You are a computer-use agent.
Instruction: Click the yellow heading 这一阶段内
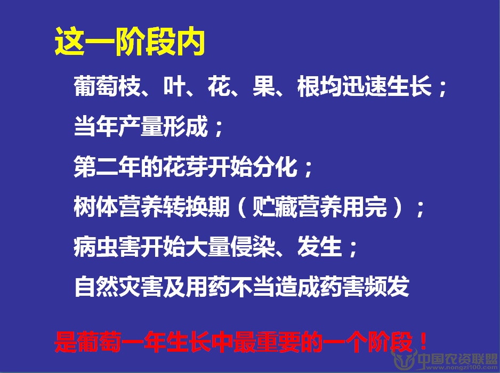(130, 42)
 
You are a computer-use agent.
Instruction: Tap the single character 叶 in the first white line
(174, 86)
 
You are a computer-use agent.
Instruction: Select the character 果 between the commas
(264, 86)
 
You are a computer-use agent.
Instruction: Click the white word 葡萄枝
(107, 86)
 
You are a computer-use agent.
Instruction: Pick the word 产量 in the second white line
(141, 126)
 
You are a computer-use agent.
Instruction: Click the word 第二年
(107, 166)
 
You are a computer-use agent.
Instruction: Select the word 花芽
(186, 166)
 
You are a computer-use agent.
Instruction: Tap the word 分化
(275, 166)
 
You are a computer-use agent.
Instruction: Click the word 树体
(96, 207)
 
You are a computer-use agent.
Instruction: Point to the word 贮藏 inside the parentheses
(275, 207)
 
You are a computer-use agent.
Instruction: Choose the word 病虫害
(107, 247)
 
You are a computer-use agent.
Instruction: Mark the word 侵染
(253, 247)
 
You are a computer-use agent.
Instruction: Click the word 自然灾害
(119, 287)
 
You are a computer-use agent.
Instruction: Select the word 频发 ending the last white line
(387, 287)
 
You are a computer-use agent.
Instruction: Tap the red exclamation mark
(423, 341)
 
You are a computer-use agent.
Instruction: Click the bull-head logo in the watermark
(404, 359)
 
